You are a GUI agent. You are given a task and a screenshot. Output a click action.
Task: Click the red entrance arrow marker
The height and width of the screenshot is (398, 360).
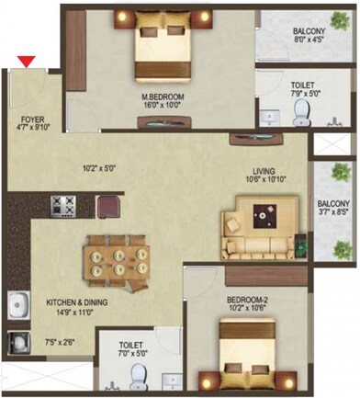pyautogui.click(x=28, y=62)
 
